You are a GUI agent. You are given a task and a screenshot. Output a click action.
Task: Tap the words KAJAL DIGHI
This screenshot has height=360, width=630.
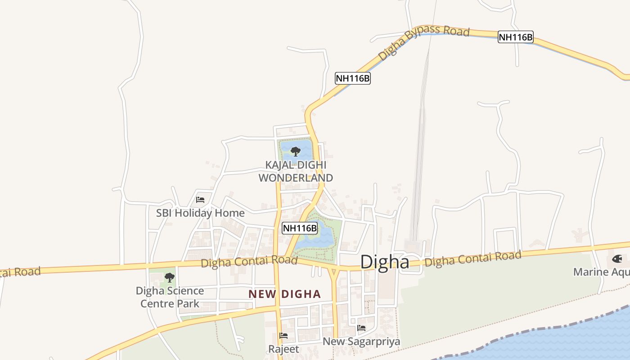coord(296,165)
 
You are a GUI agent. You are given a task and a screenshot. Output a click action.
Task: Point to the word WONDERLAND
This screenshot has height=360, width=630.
coord(296,178)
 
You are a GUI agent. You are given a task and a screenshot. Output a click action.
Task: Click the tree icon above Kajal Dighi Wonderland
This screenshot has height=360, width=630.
coord(296,152)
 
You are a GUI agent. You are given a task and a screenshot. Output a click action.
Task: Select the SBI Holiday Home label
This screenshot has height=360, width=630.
coord(200,213)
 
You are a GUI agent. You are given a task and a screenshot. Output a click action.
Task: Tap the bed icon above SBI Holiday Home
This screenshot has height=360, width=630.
coord(200,199)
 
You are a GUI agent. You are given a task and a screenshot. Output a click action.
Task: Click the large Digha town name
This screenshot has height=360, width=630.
coord(385,261)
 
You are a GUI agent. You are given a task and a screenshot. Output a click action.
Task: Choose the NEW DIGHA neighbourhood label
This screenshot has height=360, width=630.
coord(285,294)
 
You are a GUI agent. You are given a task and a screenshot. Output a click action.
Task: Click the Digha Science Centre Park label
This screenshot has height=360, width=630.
coord(170,297)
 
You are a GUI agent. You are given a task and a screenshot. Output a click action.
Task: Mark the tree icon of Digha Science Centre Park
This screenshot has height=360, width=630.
coord(170,277)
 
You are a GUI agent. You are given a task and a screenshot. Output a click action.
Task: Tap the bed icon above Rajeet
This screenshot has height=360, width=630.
coord(283,335)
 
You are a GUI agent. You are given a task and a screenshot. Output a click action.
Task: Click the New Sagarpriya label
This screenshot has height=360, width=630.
coord(361,342)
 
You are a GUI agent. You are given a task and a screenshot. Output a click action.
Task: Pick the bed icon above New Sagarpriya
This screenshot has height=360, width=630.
coord(361,328)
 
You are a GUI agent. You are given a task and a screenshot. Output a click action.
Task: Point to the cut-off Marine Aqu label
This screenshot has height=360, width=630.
coord(601,272)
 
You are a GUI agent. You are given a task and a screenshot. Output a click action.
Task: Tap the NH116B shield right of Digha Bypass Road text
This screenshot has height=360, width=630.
coord(516,37)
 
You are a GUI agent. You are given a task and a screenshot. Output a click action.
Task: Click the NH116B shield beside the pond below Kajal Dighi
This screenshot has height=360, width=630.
coord(300,228)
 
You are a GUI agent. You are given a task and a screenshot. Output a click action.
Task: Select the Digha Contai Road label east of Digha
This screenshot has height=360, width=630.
coord(473,258)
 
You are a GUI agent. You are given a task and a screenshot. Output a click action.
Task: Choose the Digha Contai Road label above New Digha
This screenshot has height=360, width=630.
coord(249,261)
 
